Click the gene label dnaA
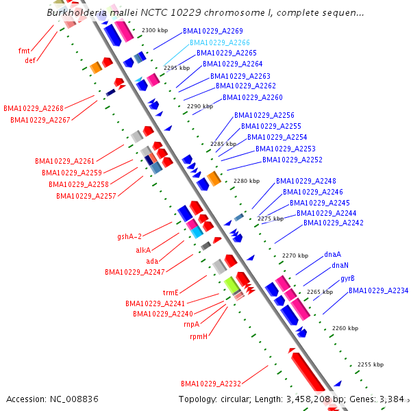333,254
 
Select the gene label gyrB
347,278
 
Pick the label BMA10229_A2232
211,383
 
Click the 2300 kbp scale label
154,31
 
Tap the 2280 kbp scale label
247,181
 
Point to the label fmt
24,50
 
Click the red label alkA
143,251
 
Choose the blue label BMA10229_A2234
378,290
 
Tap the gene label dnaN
340,265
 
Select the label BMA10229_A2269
212,32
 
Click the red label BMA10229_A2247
135,272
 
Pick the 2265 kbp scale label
319,292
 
